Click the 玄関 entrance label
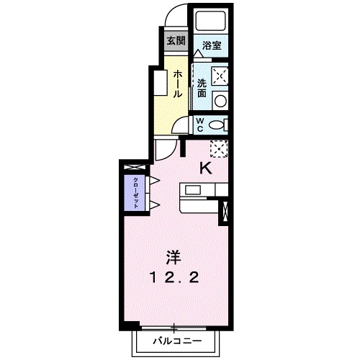coord(176,40)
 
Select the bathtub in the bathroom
coord(210,22)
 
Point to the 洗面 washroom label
coord(202,88)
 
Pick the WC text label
coord(200,125)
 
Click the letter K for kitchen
coord(204,169)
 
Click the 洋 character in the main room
coord(173,257)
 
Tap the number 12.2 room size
coord(173,277)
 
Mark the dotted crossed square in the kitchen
coord(219,148)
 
